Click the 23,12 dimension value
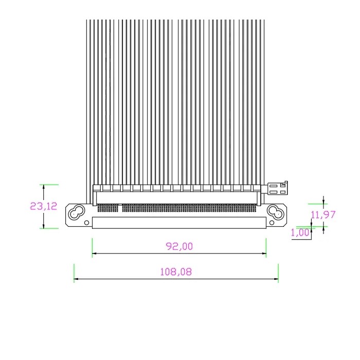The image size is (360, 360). point(44,206)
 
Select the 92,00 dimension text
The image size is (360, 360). point(179,246)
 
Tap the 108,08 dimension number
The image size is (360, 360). point(176,272)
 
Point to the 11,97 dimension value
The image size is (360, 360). point(323,214)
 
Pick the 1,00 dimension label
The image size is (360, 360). point(300,233)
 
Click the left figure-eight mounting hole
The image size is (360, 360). point(77,212)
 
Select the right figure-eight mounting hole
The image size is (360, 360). point(276,212)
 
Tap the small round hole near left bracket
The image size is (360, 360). point(86,223)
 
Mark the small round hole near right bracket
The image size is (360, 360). point(272,223)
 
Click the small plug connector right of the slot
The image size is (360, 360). point(278,188)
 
